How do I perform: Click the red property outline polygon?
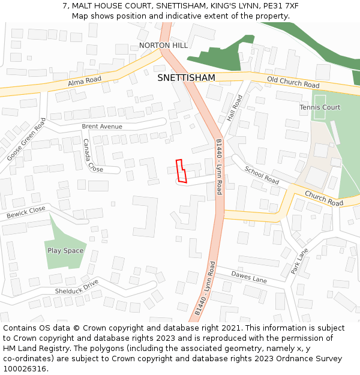point(181,171)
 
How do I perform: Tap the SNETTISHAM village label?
point(186,78)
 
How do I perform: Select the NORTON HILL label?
point(163,46)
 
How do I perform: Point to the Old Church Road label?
point(293,82)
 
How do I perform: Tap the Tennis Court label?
point(320,107)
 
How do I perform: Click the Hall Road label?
point(235,109)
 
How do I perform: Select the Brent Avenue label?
point(102,127)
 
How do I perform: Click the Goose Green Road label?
point(26,139)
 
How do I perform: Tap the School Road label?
point(262,175)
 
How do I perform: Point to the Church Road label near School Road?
point(323,199)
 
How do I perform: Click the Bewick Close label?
point(26,212)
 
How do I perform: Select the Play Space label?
point(65,251)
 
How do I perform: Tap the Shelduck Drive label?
point(76,287)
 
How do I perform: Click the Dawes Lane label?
point(249,277)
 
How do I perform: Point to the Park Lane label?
point(299,262)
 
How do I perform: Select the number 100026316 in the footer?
point(25,369)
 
